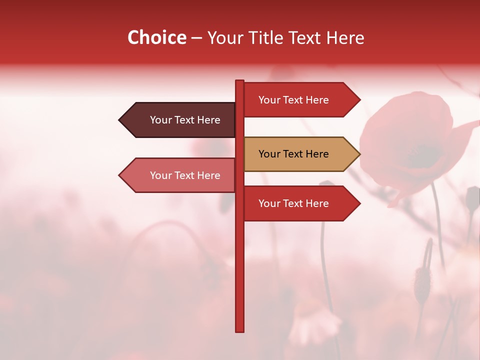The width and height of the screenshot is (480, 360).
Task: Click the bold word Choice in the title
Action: [x=156, y=38]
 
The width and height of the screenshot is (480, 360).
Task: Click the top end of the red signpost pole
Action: [x=239, y=82]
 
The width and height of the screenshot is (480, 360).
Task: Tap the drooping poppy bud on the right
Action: [x=422, y=280]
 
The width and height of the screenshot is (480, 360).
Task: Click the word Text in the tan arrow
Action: [x=293, y=154]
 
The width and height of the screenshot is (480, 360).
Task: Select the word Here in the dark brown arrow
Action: [x=208, y=120]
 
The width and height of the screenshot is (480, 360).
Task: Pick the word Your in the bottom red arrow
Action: [x=269, y=203]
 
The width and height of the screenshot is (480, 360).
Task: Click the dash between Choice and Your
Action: [x=196, y=38]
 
